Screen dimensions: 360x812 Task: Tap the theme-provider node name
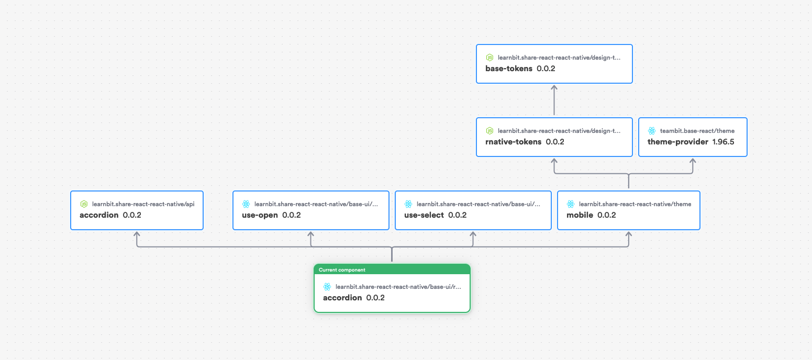[677, 142]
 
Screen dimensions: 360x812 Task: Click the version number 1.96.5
[723, 142]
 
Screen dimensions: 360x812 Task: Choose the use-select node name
[424, 215]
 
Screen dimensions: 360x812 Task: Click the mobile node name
[580, 215]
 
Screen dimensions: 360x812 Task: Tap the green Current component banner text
[342, 270]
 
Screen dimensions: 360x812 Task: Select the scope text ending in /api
[143, 204]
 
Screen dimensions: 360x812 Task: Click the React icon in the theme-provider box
[652, 131]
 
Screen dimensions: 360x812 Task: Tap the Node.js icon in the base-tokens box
[490, 58]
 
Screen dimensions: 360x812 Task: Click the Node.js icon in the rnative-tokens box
[490, 131]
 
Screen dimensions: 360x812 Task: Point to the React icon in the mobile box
[571, 204]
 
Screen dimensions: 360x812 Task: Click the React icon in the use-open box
[246, 204]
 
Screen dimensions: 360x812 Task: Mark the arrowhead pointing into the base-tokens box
[554, 87]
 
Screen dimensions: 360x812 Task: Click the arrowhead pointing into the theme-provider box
[693, 161]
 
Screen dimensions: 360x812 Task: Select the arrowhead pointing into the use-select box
[473, 234]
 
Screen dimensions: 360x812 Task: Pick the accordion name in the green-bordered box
[342, 298]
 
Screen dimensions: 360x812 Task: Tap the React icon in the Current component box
[327, 287]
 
